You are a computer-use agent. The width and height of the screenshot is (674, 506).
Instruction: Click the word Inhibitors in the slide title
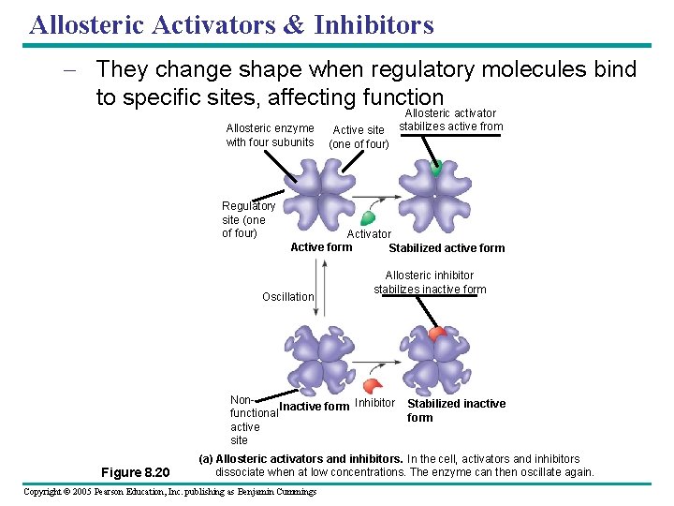coord(374,24)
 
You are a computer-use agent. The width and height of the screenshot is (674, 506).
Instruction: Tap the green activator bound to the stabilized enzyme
coord(435,169)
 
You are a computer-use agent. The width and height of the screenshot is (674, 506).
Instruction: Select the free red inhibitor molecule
coord(372,385)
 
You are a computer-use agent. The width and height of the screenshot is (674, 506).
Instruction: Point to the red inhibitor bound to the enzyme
coord(436,335)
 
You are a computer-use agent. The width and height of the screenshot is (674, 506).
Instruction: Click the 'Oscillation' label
coord(287,297)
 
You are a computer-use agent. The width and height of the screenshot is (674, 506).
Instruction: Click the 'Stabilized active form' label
coord(446,248)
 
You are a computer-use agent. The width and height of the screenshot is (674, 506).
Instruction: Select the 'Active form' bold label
coord(321,247)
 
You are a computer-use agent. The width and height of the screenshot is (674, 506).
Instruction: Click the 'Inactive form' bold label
coord(315,407)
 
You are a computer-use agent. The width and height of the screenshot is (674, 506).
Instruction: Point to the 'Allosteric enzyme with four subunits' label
coord(270,135)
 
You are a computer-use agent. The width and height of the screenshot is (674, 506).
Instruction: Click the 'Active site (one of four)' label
coord(359,137)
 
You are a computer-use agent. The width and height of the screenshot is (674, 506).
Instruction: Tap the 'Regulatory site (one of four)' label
coord(248,219)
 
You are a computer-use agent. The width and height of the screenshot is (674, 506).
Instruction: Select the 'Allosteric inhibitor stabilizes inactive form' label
coord(430,282)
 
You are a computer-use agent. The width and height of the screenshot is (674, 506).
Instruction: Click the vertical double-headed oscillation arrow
coord(323,290)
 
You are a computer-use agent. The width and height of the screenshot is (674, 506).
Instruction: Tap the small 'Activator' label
coord(369,234)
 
